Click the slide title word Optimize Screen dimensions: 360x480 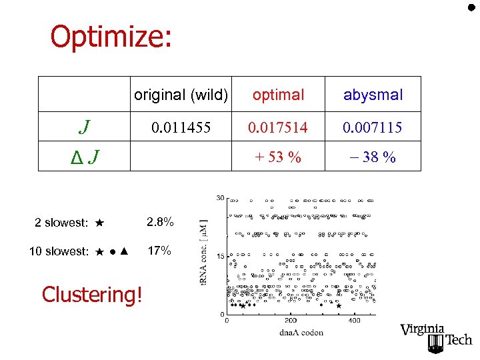[111, 37]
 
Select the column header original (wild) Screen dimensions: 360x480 [181, 95]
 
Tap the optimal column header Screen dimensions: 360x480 [279, 95]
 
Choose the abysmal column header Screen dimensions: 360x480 [373, 95]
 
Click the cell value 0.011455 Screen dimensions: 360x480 [181, 127]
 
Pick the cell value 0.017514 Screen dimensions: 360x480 [279, 127]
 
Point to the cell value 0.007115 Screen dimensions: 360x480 [373, 127]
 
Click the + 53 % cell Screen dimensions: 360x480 [279, 157]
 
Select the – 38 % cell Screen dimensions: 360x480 [373, 157]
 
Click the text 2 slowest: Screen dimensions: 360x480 [61, 223]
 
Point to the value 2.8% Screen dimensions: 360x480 [161, 222]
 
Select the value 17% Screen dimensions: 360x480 [159, 251]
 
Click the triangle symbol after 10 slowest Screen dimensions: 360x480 [125, 251]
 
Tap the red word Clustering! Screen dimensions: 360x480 [92, 294]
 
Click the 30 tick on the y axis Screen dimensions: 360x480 [220, 198]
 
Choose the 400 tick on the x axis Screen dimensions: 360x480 [355, 321]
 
